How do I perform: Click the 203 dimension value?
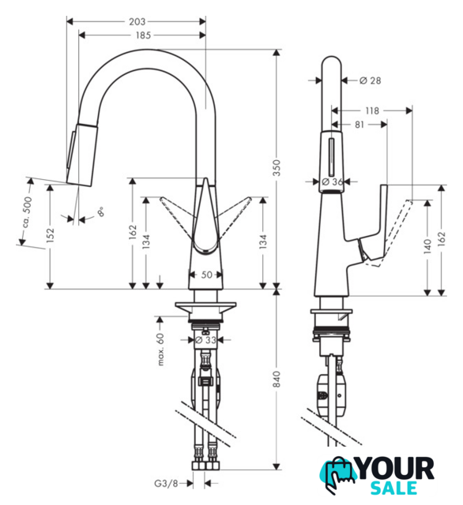tap(137, 21)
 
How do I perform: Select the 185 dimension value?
tap(143, 35)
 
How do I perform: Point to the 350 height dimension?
tap(277, 167)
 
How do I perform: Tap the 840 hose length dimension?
tap(277, 379)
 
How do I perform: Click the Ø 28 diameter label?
tap(370, 80)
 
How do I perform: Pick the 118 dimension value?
tap(372, 110)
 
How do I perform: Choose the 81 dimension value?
tap(359, 125)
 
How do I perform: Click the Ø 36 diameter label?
tap(333, 181)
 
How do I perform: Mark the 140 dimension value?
tap(427, 246)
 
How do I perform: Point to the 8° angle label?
tap(100, 211)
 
